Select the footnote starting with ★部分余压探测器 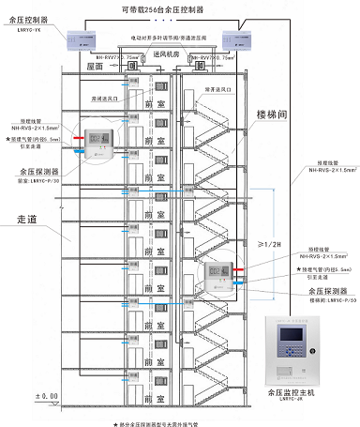click(x=179, y=421)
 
